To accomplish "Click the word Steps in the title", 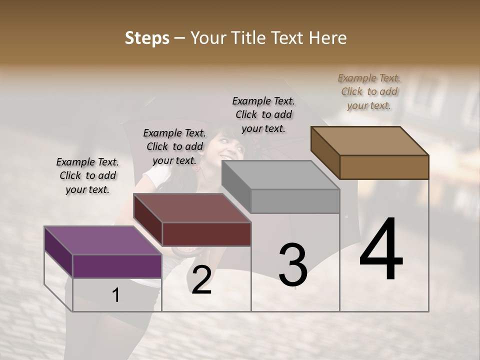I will (147, 38).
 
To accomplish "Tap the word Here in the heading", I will (328, 38).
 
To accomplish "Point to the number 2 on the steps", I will (201, 280).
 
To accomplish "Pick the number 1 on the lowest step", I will (116, 295).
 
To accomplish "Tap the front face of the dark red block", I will (206, 234).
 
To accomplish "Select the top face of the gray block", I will (280, 175).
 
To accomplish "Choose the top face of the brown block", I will (369, 140).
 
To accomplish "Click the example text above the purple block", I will (87, 175).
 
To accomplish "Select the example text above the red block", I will (174, 146).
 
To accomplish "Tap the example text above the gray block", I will (263, 114).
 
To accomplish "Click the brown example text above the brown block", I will (369, 91).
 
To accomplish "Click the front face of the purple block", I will (117, 266).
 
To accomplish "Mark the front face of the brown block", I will (384, 167).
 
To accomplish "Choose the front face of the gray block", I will (295, 201).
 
